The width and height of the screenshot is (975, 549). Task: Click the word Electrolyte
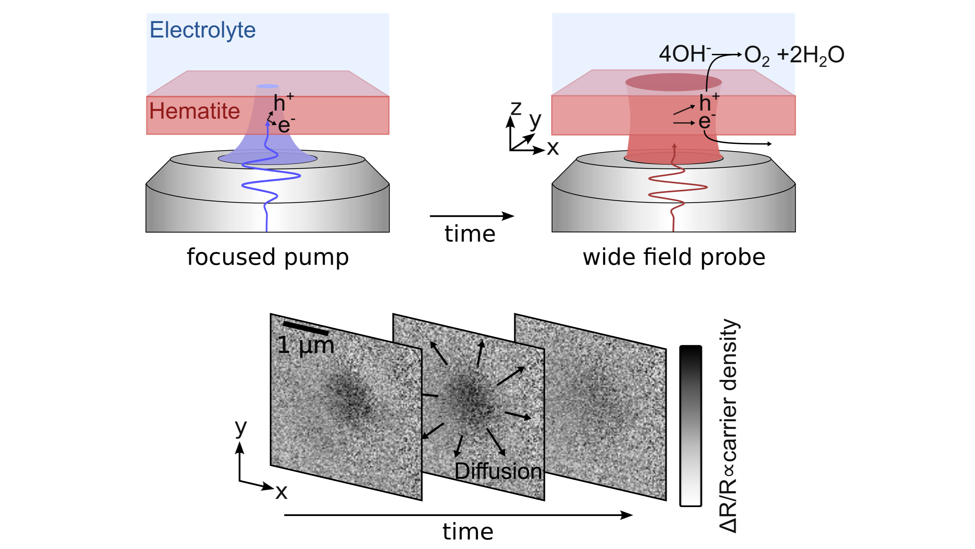[x=202, y=30]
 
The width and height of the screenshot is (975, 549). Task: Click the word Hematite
[x=194, y=111]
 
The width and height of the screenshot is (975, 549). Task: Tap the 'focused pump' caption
[x=268, y=257]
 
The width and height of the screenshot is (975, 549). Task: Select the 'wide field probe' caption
[x=674, y=257]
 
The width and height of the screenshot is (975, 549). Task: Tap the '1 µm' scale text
[x=306, y=345]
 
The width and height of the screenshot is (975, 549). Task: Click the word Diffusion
[x=498, y=471]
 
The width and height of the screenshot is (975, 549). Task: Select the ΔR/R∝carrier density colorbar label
[x=728, y=426]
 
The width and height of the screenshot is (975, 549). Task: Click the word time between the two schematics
[x=470, y=234]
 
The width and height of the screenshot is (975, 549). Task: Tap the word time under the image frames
[x=468, y=531]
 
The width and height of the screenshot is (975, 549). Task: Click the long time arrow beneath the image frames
[x=458, y=515]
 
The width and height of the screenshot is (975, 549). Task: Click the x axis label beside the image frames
[x=281, y=492]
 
